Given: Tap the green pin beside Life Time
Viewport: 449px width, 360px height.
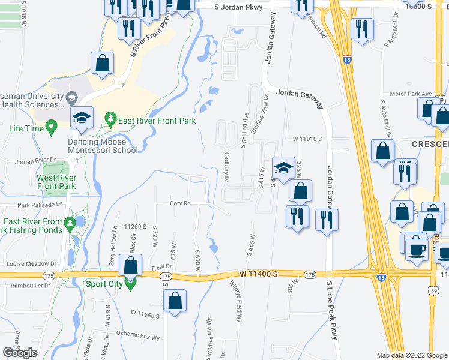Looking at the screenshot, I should click(51, 127).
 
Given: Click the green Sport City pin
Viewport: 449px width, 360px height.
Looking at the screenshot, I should click(130, 284).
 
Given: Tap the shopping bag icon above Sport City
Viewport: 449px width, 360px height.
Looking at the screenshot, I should click(130, 265).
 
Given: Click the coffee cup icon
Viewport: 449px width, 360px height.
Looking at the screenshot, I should click(416, 248).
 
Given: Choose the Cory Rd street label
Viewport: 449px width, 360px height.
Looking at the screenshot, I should click(180, 203).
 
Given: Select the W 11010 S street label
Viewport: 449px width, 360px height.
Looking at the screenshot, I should click(308, 139).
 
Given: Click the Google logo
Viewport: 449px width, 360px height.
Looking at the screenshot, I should click(20, 353).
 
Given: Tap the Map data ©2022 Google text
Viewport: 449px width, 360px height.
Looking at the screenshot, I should click(411, 355).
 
